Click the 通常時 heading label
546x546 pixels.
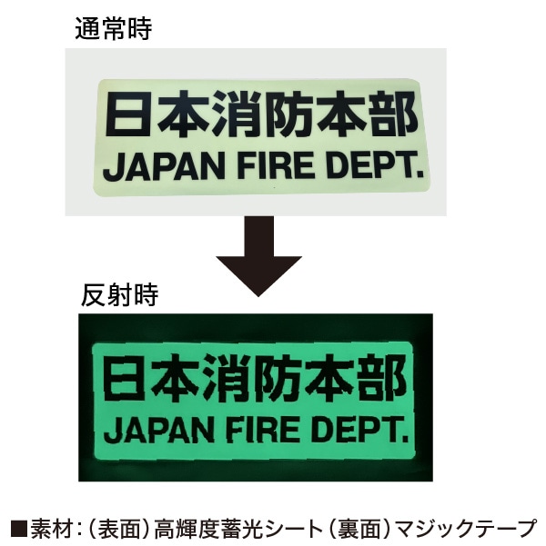pyautogui.click(x=114, y=29)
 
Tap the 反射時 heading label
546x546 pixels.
pyautogui.click(x=119, y=295)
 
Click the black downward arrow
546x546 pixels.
pyautogui.click(x=258, y=256)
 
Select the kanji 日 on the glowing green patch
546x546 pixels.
pyautogui.click(x=123, y=378)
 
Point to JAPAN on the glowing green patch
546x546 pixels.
pyautogui.click(x=163, y=430)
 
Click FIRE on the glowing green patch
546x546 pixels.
pyautogui.click(x=266, y=429)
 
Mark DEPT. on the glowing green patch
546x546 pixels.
pyautogui.click(x=359, y=429)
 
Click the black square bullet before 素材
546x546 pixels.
pyautogui.click(x=19, y=528)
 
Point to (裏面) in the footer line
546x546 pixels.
pyautogui.click(x=359, y=528)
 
